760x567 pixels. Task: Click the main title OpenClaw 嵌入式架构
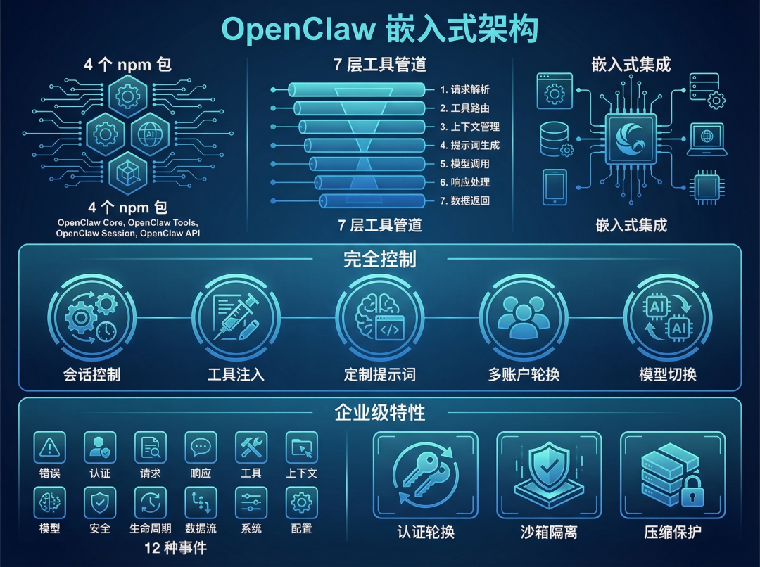click(x=380, y=30)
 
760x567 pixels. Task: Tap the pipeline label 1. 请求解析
click(x=464, y=89)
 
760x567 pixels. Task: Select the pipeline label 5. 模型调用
click(x=464, y=164)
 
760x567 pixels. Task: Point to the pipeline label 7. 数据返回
click(x=464, y=201)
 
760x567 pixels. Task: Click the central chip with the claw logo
click(x=631, y=138)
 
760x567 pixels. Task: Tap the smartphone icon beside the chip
click(x=555, y=186)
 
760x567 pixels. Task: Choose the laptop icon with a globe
click(x=707, y=139)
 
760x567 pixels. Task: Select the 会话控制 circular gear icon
click(x=91, y=317)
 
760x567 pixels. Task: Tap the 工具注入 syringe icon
click(x=236, y=317)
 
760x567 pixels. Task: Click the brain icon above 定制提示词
click(x=380, y=317)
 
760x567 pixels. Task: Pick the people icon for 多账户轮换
click(x=524, y=317)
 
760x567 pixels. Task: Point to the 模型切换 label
click(x=668, y=374)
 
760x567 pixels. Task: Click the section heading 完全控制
click(x=380, y=259)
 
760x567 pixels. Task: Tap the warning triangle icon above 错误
click(x=49, y=447)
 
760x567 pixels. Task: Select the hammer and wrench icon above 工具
click(x=251, y=447)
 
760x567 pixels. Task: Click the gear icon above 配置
click(x=302, y=502)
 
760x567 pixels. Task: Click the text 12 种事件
click(x=176, y=547)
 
